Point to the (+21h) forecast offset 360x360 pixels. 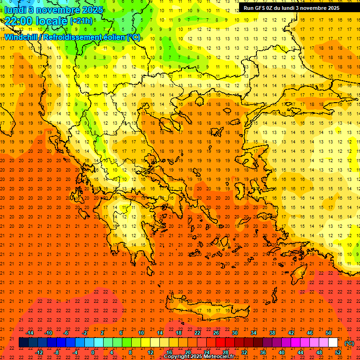(81, 21)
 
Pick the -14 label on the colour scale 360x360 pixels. (30, 333)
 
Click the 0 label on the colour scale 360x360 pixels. (92, 352)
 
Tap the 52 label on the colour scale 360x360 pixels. (338, 352)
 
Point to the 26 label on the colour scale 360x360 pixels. (216, 333)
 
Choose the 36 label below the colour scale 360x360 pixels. (263, 352)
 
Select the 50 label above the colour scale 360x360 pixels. (329, 333)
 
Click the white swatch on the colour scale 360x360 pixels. (333, 343)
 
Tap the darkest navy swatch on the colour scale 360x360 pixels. (23, 343)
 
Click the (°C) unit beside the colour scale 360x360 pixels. (349, 343)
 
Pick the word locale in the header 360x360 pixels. (51, 21)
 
